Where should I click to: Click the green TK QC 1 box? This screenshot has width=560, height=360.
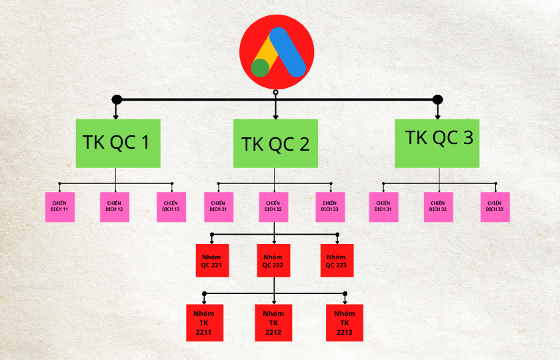pos(118,143)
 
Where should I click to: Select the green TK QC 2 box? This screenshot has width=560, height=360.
pos(275,143)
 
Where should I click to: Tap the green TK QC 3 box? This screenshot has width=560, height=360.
pos(437,143)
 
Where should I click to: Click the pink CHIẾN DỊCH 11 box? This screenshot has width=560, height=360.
pos(59,207)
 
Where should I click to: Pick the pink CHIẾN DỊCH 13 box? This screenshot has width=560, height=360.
pos(171,207)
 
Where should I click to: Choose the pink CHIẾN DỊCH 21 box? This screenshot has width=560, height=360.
pos(218,207)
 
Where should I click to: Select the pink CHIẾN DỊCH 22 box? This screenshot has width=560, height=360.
pos(273,207)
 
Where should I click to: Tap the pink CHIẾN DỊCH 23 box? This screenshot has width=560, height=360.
pos(330,207)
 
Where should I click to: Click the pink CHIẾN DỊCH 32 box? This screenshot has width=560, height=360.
pos(438,207)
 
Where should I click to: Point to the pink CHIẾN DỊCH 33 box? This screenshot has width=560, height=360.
pos(495,207)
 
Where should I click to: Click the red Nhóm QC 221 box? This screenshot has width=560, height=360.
pos(212,261)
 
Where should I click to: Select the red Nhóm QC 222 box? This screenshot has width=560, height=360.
pos(273,261)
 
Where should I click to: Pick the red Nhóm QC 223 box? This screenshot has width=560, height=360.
pos(337,261)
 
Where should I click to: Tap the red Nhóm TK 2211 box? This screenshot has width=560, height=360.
pos(205,323)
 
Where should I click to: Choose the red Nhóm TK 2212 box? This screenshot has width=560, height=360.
pos(273,323)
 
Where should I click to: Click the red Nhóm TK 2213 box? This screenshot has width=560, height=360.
pos(345,323)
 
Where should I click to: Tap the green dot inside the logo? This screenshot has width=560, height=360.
pos(261,67)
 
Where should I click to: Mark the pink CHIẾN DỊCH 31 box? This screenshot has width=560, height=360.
pos(383,207)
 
